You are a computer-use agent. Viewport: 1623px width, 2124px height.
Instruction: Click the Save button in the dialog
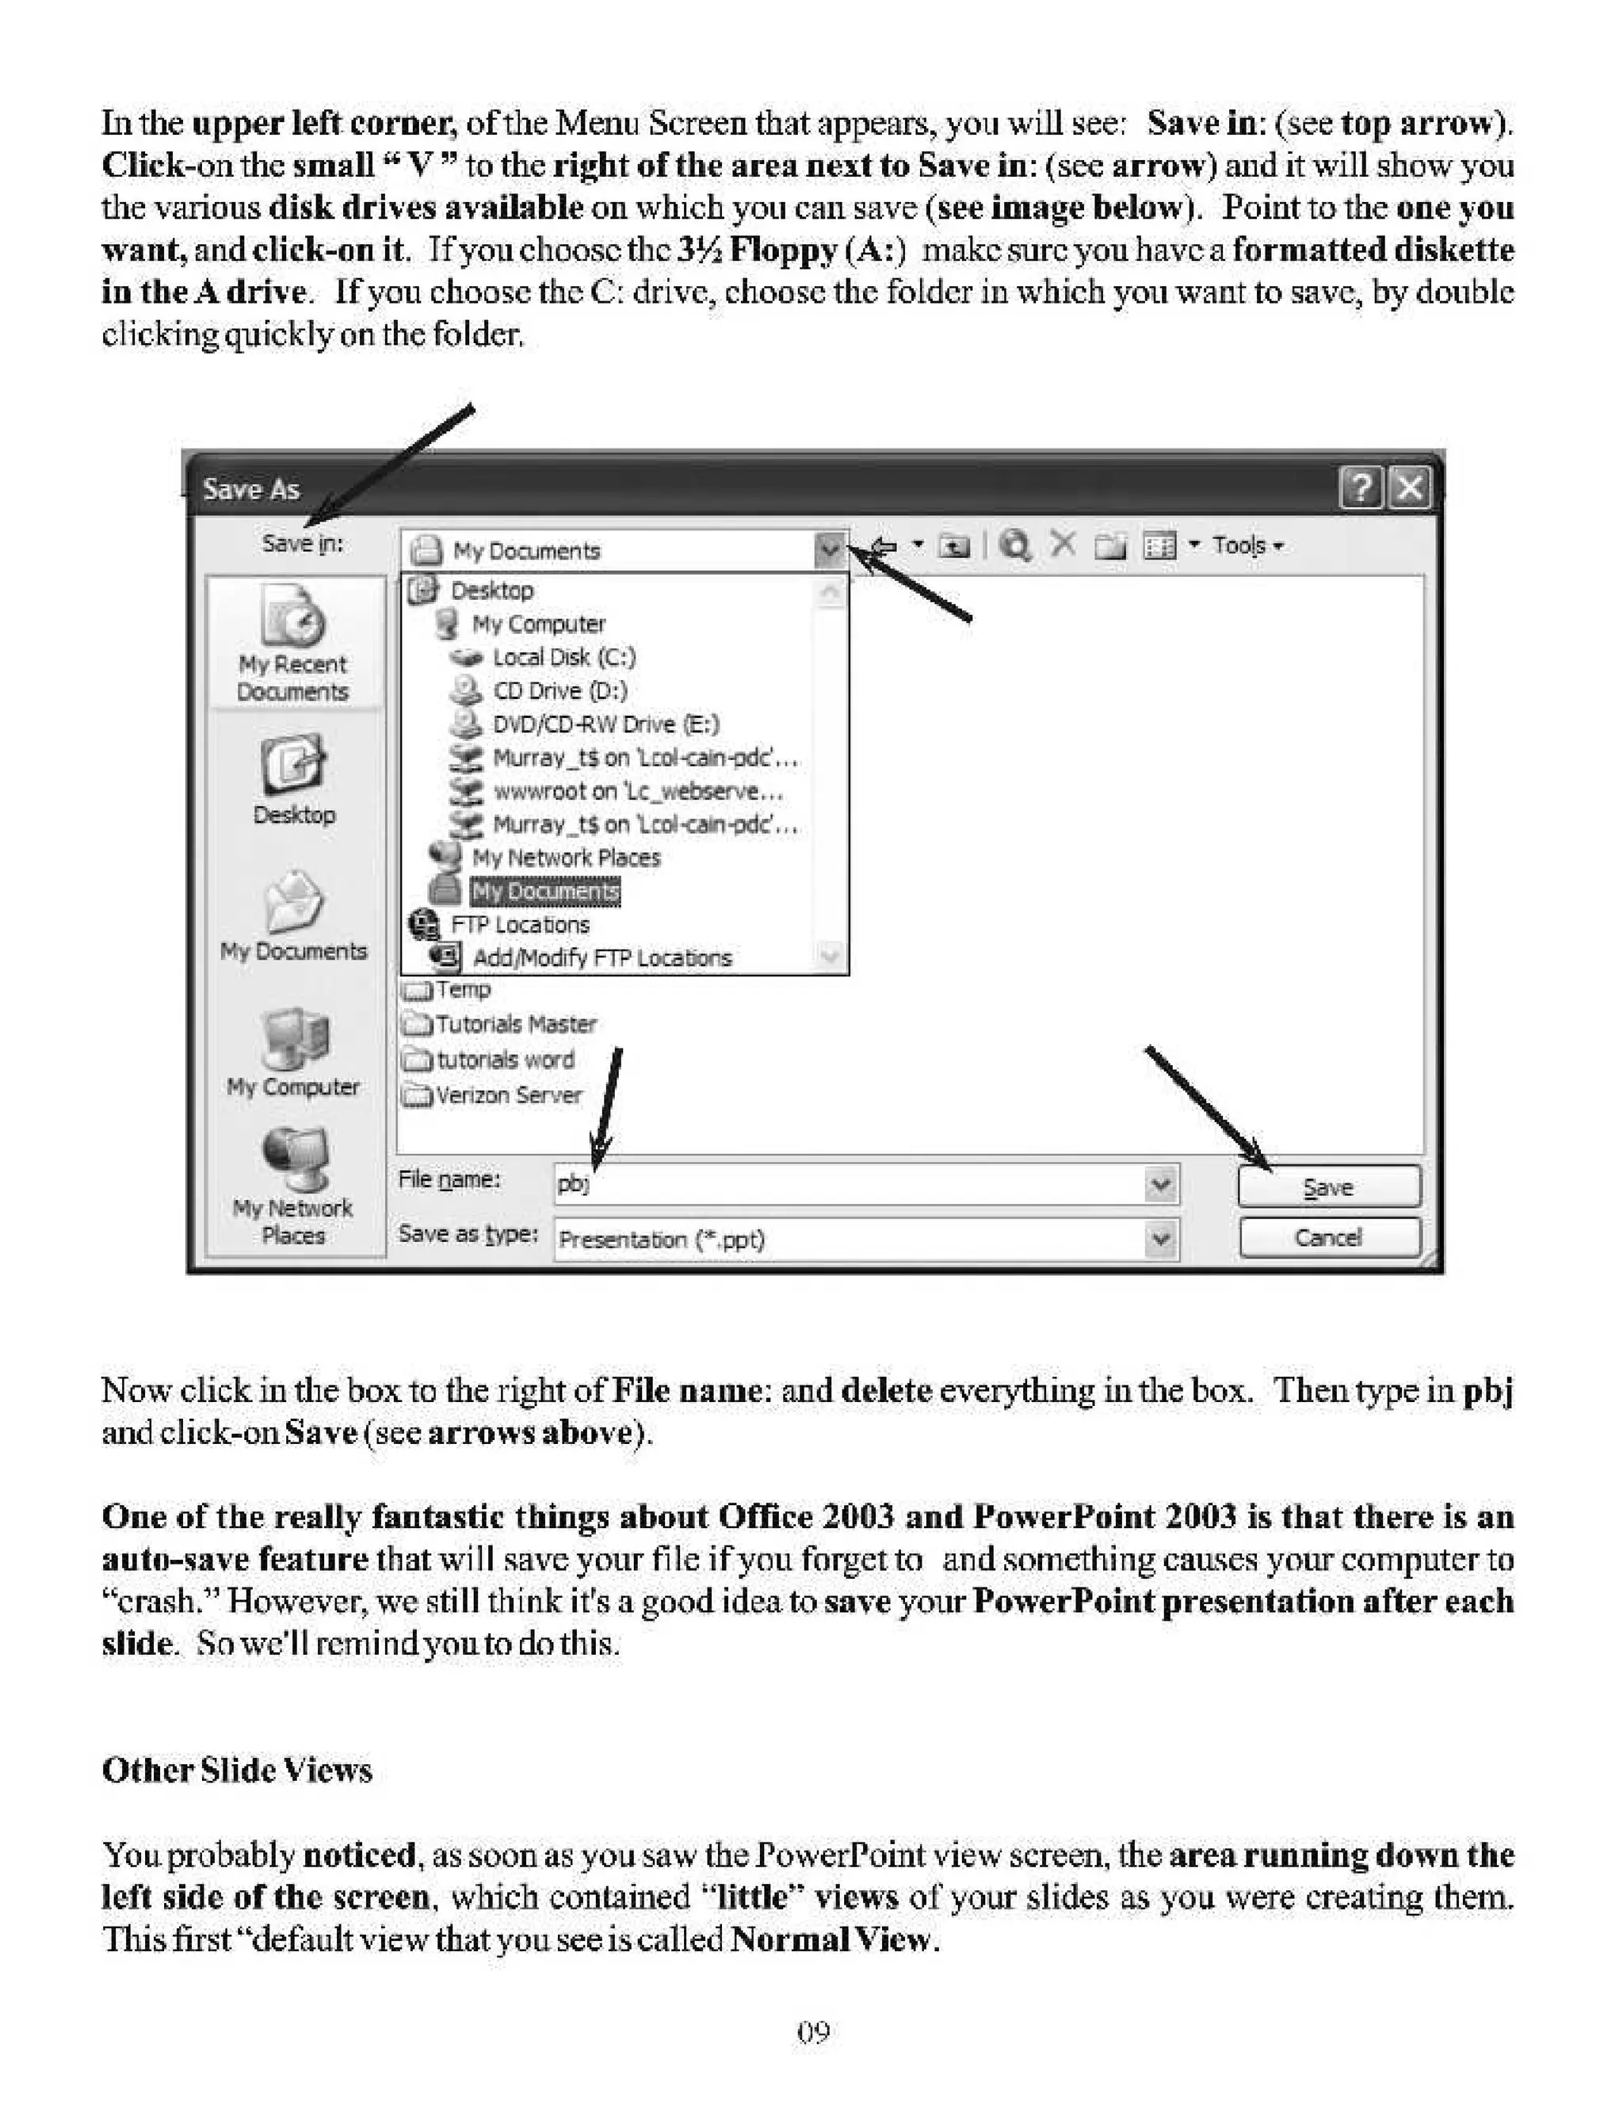point(1328,1187)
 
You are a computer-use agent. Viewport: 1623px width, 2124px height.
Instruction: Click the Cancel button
point(1328,1237)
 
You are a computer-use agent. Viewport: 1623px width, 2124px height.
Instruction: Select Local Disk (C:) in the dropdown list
point(563,658)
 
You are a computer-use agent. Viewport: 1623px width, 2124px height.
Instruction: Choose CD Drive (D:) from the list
point(559,690)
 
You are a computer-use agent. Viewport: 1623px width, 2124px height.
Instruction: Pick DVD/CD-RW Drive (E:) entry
point(605,724)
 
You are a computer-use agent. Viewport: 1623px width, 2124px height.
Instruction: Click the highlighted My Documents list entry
point(545,892)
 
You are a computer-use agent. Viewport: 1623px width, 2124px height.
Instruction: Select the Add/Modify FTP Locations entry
point(601,958)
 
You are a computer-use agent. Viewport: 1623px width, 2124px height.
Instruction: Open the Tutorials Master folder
point(514,1024)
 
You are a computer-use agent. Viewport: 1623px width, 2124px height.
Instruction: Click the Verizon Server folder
point(507,1095)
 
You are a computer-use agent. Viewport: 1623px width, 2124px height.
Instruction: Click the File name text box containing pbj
point(850,1183)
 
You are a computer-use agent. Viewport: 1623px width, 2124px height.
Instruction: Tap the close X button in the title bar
point(1410,487)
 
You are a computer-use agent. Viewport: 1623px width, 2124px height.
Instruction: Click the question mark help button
point(1360,487)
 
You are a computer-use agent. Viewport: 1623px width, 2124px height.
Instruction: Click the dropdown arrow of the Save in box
point(829,549)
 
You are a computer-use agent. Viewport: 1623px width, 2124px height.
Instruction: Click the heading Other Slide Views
point(237,1771)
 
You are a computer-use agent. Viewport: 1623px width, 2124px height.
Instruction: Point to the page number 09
point(812,2032)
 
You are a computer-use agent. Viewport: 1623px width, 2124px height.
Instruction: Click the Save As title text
point(251,490)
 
